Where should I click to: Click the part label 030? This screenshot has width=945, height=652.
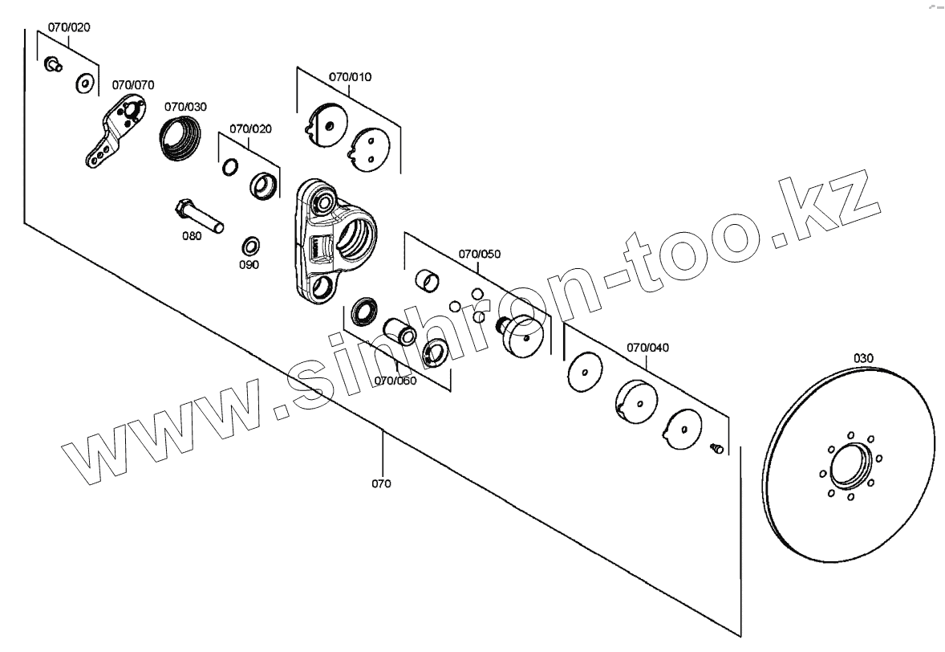click(x=863, y=357)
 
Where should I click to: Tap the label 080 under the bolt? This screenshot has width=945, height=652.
click(x=193, y=237)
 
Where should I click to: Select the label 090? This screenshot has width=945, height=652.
click(x=249, y=264)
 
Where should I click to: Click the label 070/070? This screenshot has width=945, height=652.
click(x=133, y=84)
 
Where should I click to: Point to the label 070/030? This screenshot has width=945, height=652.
click(x=185, y=106)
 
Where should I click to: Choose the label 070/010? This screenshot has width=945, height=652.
click(x=351, y=77)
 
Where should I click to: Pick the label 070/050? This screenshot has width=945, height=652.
click(x=480, y=254)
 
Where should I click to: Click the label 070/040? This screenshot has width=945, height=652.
click(x=648, y=348)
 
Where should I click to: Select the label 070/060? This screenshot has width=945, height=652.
click(x=396, y=381)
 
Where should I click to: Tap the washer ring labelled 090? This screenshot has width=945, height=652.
click(x=250, y=244)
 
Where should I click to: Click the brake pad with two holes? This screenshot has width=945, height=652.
click(x=371, y=149)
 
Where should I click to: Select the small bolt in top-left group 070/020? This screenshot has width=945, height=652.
click(x=54, y=63)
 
